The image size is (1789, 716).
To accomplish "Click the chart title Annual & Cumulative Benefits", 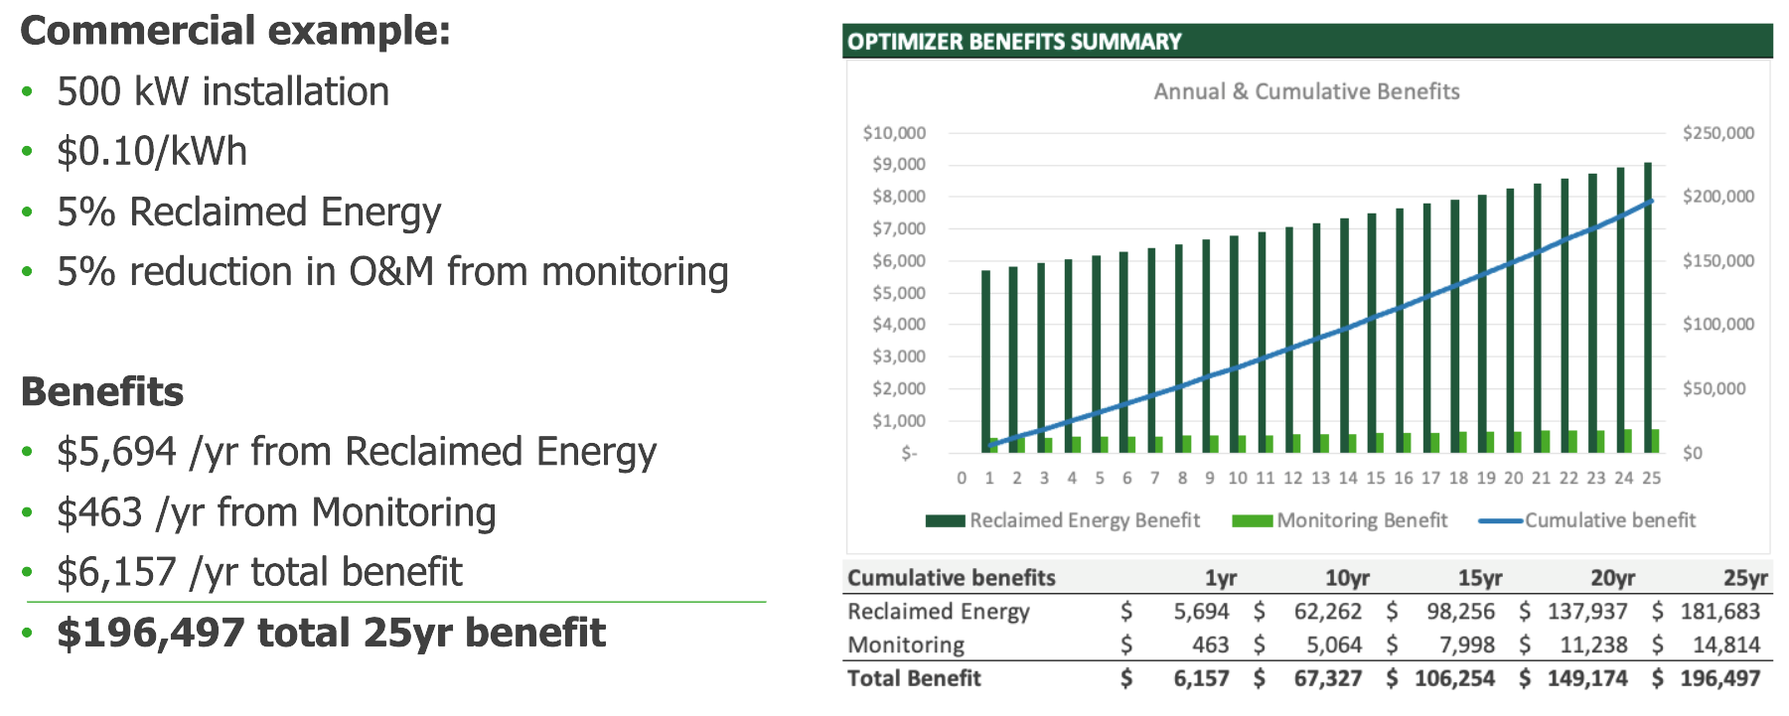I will click(1306, 91).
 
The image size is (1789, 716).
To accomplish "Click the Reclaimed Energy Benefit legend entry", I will click(1063, 520).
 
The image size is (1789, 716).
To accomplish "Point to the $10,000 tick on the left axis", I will click(894, 133).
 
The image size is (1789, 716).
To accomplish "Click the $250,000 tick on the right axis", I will click(1718, 133).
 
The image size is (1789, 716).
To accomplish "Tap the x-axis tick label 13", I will click(1320, 479).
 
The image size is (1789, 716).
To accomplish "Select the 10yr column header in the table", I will click(1347, 578).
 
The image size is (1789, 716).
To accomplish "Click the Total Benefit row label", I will click(914, 678).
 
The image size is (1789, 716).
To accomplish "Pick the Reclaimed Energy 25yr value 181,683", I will click(1719, 612).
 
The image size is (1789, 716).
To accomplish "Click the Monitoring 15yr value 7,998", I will click(1467, 645).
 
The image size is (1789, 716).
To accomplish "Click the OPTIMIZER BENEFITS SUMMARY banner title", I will click(1014, 42).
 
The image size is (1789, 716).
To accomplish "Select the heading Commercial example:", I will click(235, 31).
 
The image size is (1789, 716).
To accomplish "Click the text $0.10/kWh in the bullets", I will click(152, 152).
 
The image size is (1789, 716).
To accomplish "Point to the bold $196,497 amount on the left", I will click(150, 633).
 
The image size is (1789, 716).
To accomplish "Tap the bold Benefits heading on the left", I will click(102, 392).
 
